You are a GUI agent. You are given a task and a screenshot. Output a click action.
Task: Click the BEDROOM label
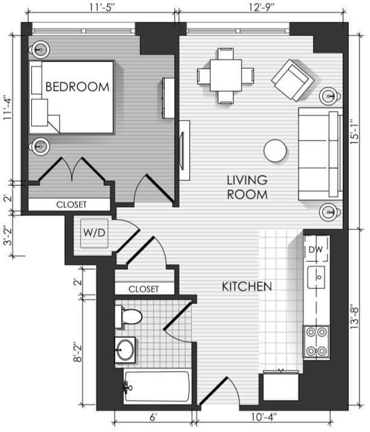click(77, 87)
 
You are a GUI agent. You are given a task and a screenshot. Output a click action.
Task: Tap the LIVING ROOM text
click(247, 188)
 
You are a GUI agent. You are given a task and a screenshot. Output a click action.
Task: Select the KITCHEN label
click(247, 287)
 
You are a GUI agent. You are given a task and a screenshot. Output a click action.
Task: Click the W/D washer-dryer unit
click(94, 233)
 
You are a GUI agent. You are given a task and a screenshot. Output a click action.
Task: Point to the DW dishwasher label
click(316, 250)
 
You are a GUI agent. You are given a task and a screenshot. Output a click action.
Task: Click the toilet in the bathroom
click(129, 317)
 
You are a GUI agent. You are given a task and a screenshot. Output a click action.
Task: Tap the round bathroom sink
click(126, 350)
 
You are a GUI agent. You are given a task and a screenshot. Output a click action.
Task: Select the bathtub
click(158, 386)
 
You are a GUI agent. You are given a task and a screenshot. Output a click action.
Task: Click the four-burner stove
click(316, 342)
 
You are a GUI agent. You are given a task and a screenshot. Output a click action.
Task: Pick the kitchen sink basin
click(316, 278)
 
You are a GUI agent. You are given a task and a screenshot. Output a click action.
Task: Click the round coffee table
click(275, 151)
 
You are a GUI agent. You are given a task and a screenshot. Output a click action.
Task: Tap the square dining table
click(226, 75)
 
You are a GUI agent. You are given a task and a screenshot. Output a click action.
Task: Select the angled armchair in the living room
click(293, 80)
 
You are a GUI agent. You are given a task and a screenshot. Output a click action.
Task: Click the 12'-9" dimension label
click(261, 7)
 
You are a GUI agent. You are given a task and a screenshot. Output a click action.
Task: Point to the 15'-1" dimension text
click(354, 132)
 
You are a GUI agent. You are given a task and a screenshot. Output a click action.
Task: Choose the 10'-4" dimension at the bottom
click(264, 417)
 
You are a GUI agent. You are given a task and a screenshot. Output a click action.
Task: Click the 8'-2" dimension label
click(78, 352)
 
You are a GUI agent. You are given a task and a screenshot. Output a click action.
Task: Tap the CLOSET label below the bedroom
click(71, 205)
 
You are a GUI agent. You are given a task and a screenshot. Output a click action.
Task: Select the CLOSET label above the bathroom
click(144, 289)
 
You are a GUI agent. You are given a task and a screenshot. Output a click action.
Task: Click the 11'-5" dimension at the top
click(101, 7)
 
